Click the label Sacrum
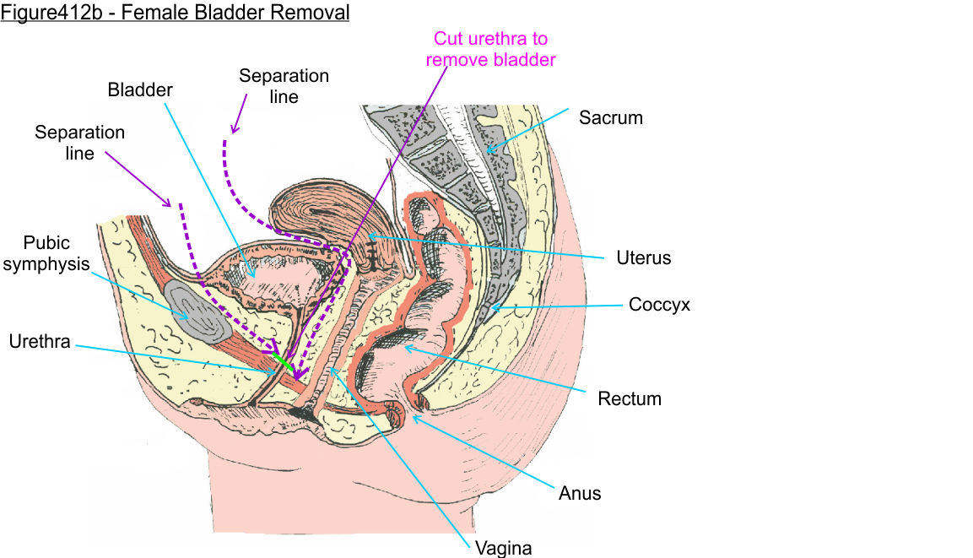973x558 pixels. tap(610, 117)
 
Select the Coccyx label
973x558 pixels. tap(659, 304)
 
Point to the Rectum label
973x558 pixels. tap(629, 398)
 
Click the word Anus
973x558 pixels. tap(580, 492)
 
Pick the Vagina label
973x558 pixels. tap(504, 548)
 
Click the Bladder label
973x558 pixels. tap(139, 89)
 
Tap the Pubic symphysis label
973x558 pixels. tap(57, 252)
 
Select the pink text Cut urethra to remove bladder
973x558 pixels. tap(490, 49)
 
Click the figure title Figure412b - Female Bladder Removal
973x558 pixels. tap(175, 14)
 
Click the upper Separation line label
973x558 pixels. tap(284, 86)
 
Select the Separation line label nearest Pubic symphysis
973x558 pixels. tap(79, 143)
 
